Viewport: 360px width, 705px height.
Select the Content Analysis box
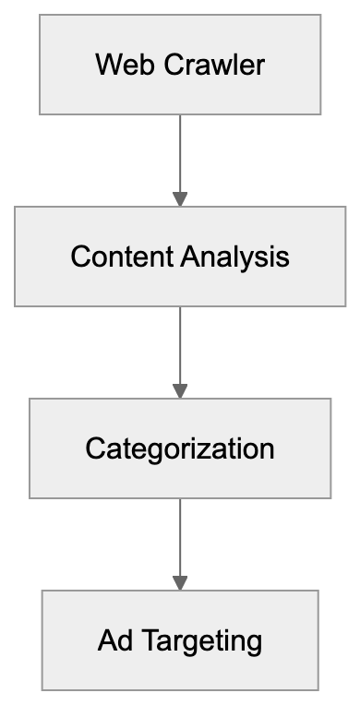pyautogui.click(x=180, y=256)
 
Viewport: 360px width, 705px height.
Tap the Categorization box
pyautogui.click(x=180, y=448)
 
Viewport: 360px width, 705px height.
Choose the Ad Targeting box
pyautogui.click(x=180, y=639)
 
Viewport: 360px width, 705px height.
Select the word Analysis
pyautogui.click(x=235, y=257)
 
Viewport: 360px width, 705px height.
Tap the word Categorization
pyautogui.click(x=180, y=448)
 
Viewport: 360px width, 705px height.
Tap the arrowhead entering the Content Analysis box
pyautogui.click(x=180, y=198)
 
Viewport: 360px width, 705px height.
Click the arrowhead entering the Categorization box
pyautogui.click(x=180, y=390)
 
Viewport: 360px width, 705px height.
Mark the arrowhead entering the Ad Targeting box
pyautogui.click(x=180, y=582)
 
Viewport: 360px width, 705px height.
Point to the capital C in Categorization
pyautogui.click(x=94, y=448)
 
